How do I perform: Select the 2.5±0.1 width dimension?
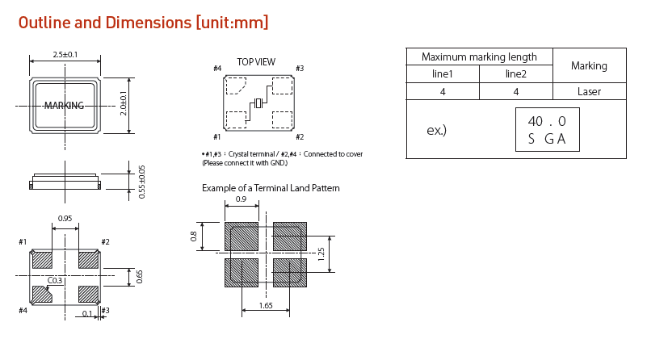tap(65, 54)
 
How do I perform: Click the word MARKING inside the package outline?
tap(64, 106)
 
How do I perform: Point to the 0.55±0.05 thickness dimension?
tap(141, 181)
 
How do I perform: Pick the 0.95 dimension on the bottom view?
tap(65, 219)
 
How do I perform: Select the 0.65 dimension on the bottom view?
tap(139, 276)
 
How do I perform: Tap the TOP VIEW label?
tap(255, 61)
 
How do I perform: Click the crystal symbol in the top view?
tap(258, 103)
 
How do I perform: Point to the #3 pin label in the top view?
tap(299, 69)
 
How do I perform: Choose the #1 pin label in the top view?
tap(216, 137)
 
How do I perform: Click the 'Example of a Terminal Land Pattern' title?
tap(271, 188)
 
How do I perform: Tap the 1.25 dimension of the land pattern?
tap(321, 254)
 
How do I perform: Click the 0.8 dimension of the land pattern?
tap(194, 237)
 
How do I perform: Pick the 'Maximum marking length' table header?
tap(479, 57)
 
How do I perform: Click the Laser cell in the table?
tap(589, 91)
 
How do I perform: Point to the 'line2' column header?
tap(515, 74)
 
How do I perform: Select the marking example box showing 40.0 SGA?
tap(547, 130)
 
